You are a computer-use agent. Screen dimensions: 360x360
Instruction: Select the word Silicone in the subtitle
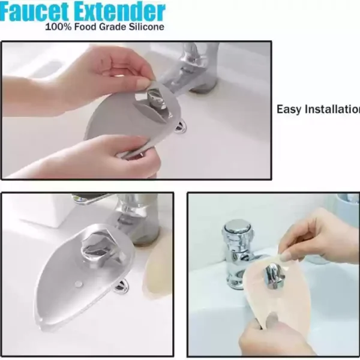click(146, 27)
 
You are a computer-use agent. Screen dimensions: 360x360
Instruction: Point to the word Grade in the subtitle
click(113, 27)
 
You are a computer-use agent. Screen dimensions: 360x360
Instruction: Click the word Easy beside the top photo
click(289, 109)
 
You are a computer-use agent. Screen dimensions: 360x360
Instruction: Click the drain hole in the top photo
click(179, 127)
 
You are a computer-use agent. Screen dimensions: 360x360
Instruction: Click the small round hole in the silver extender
click(79, 284)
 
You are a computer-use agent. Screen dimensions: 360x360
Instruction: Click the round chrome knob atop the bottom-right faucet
click(237, 228)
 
